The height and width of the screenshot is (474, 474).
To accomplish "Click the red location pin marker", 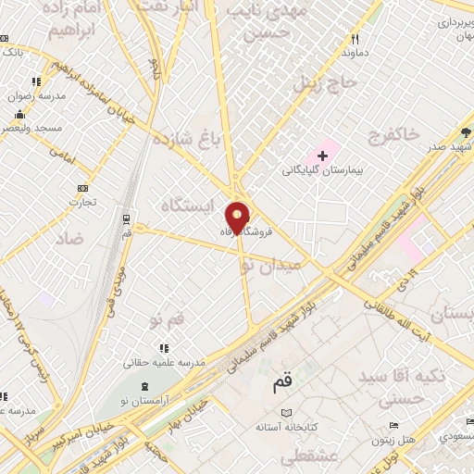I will [238, 217].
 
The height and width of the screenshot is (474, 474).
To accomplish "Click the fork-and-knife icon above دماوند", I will [355, 39].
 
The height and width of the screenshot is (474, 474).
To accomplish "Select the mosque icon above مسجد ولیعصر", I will [19, 115].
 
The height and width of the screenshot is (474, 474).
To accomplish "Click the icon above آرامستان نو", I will [135, 383].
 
